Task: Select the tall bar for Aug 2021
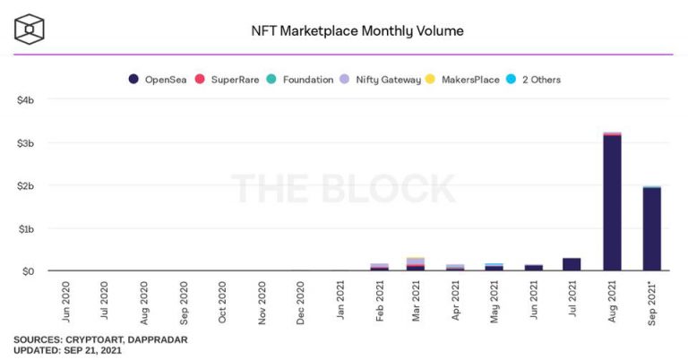[x=613, y=201]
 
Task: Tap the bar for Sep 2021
[x=651, y=228]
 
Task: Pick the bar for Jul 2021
[x=572, y=264]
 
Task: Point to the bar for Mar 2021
[x=416, y=264]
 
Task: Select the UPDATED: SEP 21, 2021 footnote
[x=67, y=350]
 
